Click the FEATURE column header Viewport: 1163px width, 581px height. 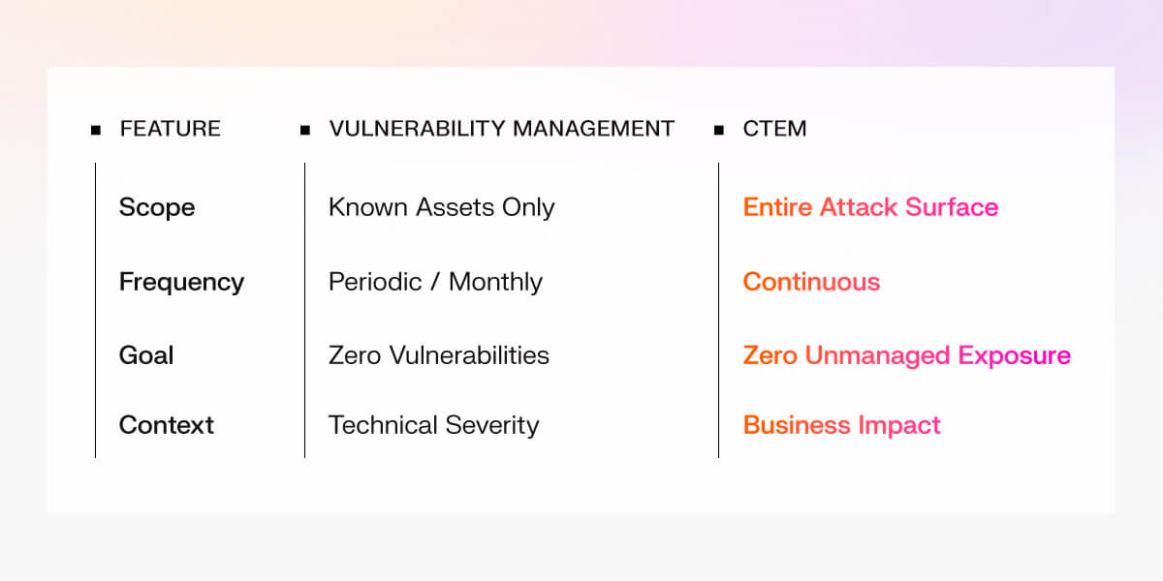point(170,129)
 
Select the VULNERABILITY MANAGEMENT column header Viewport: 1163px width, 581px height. point(501,129)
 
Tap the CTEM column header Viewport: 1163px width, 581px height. point(774,129)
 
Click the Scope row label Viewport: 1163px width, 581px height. point(157,207)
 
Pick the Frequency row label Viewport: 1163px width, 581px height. point(181,282)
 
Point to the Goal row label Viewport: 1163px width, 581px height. point(146,355)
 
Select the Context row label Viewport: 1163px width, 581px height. point(167,425)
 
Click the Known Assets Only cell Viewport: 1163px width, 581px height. point(441,207)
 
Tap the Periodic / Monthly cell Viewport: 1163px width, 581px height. point(435,282)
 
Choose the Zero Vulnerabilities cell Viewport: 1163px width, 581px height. point(438,355)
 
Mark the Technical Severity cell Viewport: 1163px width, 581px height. point(433,425)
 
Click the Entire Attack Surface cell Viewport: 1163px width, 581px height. point(870,207)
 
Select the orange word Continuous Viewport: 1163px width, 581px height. point(811,282)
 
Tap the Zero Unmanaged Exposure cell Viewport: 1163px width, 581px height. point(906,355)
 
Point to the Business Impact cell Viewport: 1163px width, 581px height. point(841,425)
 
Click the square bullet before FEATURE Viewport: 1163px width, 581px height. point(95,130)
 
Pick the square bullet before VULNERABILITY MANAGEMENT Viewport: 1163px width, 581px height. point(304,130)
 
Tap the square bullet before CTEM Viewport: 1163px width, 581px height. point(718,130)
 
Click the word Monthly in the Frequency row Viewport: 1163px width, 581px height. point(495,282)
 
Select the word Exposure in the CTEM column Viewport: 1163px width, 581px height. point(1014,355)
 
